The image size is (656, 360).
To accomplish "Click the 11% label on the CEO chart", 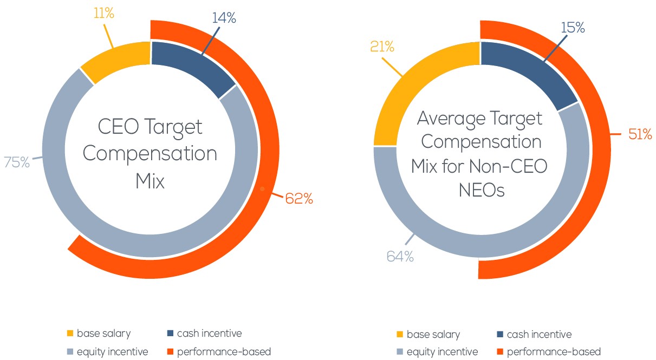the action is (x=103, y=13).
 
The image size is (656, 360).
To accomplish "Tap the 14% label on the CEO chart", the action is (x=224, y=18).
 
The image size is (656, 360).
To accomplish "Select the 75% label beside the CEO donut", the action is (x=17, y=162).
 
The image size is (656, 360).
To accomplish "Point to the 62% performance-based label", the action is (x=298, y=199).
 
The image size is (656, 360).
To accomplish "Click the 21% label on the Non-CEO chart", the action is (x=382, y=47).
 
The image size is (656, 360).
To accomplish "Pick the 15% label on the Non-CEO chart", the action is (x=573, y=28).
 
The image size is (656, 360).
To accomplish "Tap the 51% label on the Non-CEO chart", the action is (x=640, y=134).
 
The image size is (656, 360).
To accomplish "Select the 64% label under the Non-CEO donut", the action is (x=400, y=257).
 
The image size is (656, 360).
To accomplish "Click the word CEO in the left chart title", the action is (x=118, y=127).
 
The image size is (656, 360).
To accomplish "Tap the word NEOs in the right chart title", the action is (x=482, y=191).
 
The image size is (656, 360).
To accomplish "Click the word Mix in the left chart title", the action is (x=150, y=181).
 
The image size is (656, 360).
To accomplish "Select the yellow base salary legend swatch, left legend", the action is (x=70, y=333).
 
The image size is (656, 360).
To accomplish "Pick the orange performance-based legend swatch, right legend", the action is (x=500, y=351).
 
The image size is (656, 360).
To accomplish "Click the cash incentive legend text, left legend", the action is (x=210, y=333).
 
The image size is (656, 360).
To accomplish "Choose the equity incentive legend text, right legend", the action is (x=442, y=352).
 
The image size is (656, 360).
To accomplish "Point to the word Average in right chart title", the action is (x=451, y=119).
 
